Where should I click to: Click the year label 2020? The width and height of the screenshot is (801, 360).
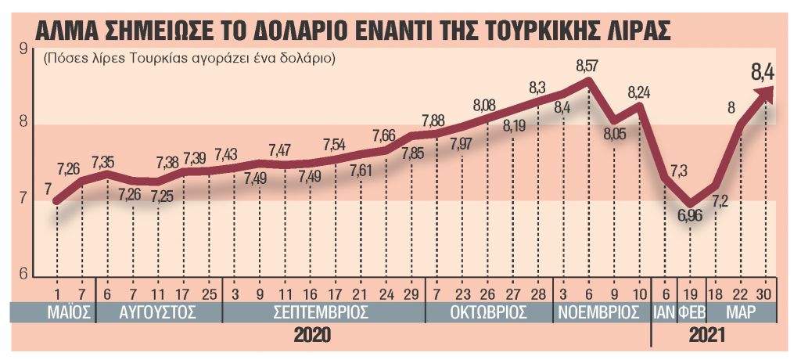click(x=312, y=336)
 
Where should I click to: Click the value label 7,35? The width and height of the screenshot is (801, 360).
click(x=104, y=163)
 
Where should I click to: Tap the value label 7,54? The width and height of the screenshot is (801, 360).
click(x=334, y=145)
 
